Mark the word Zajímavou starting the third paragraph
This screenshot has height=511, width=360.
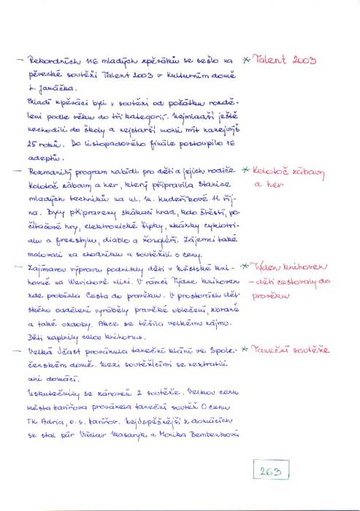coord(48,269)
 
